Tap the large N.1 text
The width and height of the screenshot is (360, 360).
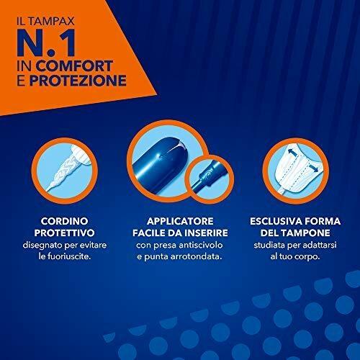(x=46, y=43)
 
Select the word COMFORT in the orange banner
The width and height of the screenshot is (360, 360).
(x=74, y=66)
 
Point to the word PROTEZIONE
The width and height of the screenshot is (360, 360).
(x=78, y=81)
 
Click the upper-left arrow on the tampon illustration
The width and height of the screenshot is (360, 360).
(x=291, y=153)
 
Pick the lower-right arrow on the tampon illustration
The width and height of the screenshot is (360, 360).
(x=313, y=168)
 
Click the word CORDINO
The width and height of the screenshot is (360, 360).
(x=65, y=221)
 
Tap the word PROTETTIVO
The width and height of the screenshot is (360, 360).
(x=65, y=233)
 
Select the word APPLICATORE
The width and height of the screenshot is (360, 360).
(x=180, y=221)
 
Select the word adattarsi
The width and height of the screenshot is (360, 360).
(x=320, y=246)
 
